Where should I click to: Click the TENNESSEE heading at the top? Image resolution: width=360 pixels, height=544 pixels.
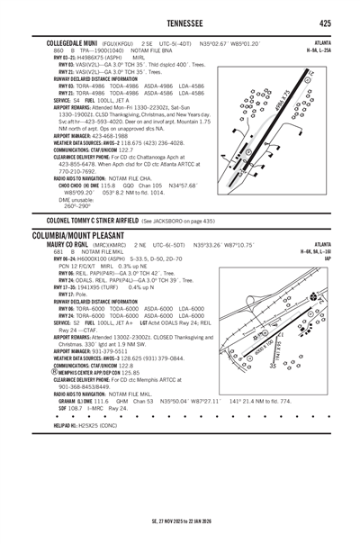[180, 23]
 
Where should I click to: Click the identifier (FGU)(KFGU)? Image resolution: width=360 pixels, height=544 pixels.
[116, 41]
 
